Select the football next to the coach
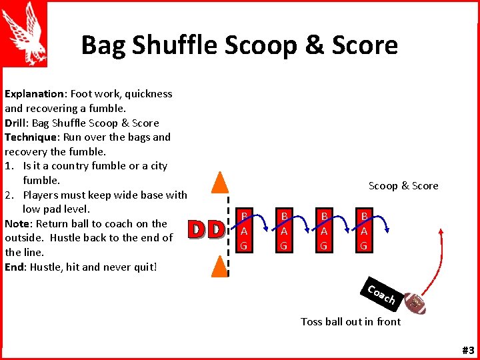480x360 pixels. pyautogui.click(x=415, y=303)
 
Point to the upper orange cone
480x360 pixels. pyautogui.click(x=219, y=182)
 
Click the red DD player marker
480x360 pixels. pyautogui.click(x=205, y=230)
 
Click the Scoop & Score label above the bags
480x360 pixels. pyautogui.click(x=403, y=186)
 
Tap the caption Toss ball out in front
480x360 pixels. pyautogui.click(x=351, y=322)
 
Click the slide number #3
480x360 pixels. pyautogui.click(x=467, y=350)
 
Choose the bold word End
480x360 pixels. pyautogui.click(x=15, y=267)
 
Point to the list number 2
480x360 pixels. pyautogui.click(x=10, y=195)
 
